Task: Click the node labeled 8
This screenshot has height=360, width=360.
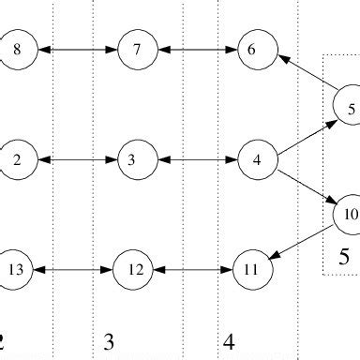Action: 19,50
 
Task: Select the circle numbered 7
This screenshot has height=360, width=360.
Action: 137,50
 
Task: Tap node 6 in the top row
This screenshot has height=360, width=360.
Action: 251,50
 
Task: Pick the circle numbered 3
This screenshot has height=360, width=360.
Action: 132,159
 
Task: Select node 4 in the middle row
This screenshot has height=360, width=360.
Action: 256,159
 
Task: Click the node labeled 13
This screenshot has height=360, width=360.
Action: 16,269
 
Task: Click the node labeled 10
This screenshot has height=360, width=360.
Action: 349,214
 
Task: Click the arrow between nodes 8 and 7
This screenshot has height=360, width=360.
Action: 78,50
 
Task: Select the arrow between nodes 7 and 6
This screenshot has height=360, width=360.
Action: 194,50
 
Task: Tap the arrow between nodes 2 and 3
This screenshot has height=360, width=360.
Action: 74,159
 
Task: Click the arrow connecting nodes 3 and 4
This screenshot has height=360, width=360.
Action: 194,159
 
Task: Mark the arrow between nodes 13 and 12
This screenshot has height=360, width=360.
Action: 74,269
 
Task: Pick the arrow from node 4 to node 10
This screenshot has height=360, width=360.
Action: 302,187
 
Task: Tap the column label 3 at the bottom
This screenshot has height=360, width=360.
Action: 109,343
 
